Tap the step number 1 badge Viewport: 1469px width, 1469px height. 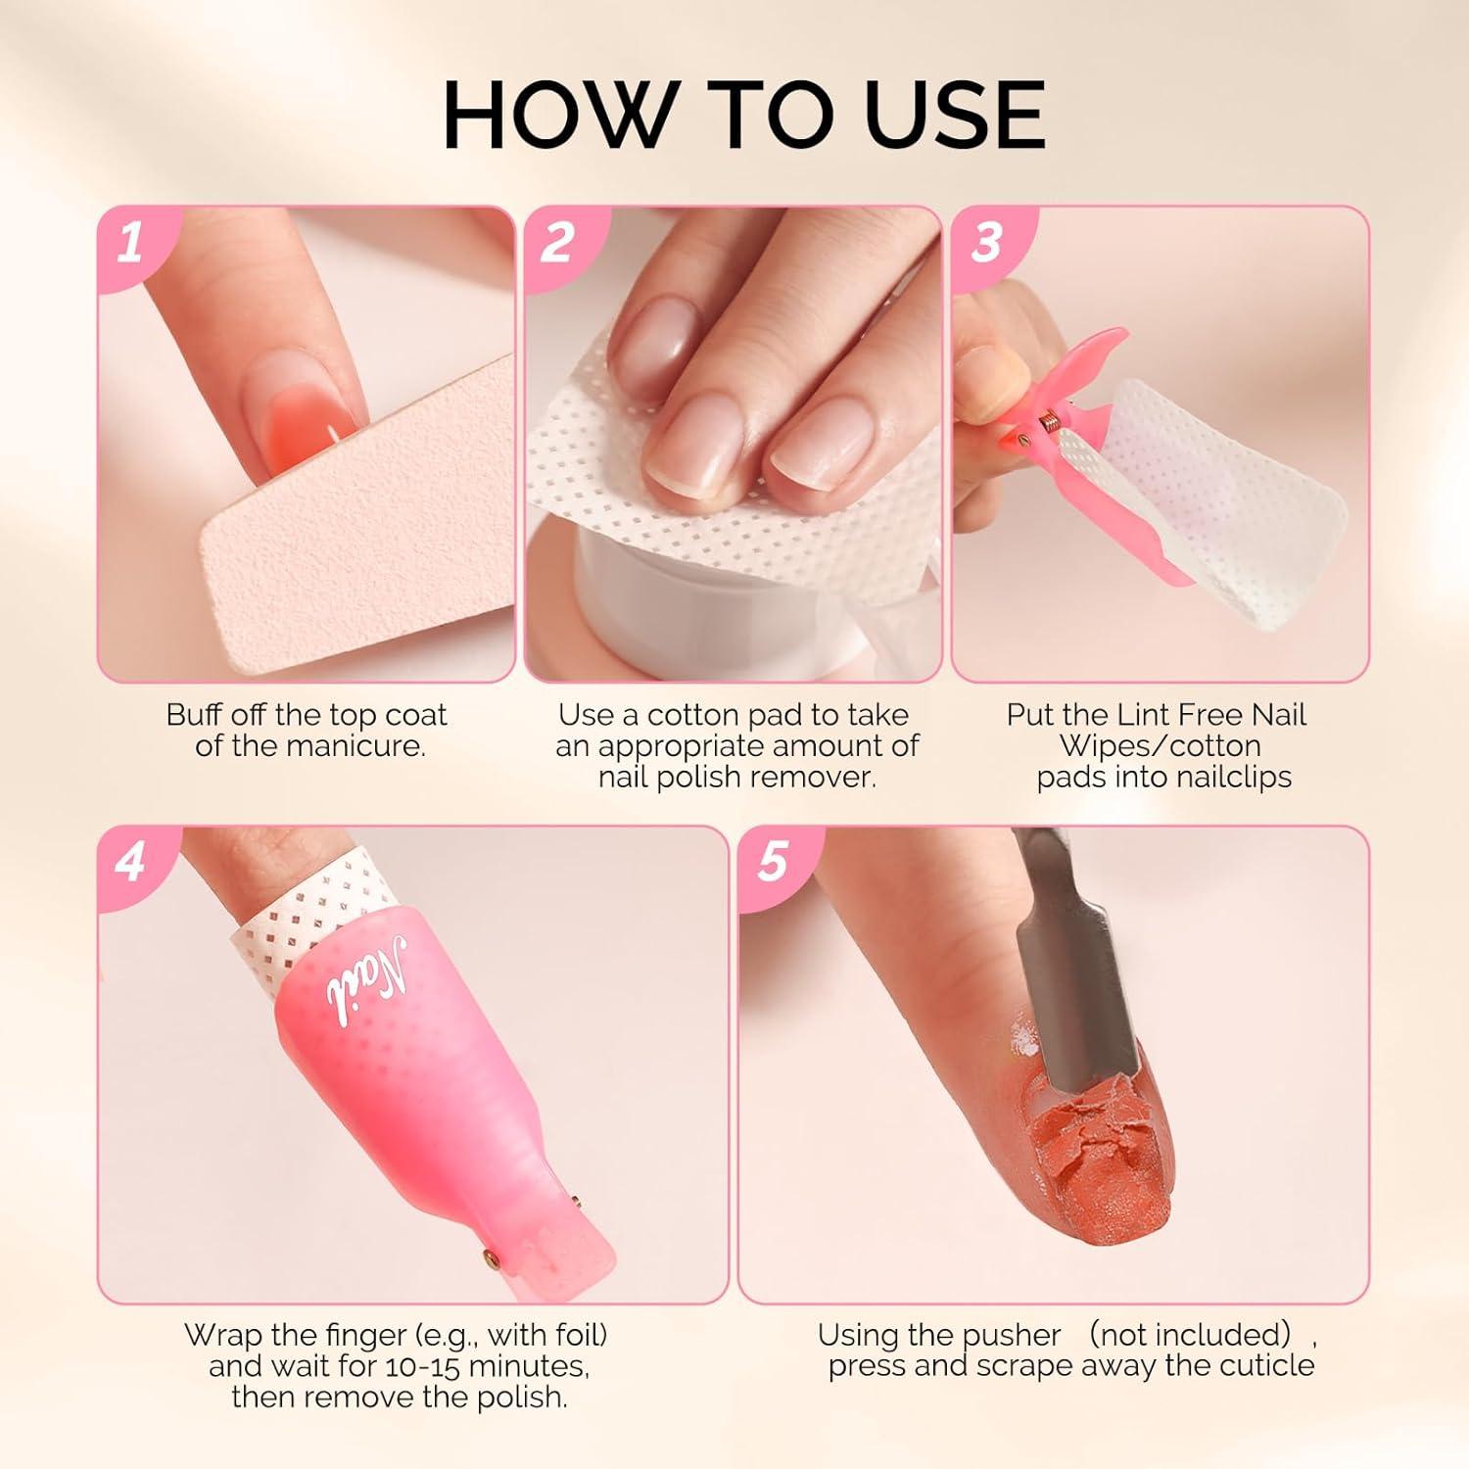click(130, 242)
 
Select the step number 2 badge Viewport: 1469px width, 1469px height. click(557, 242)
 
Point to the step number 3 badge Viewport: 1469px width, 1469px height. click(986, 242)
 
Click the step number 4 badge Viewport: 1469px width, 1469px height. click(130, 863)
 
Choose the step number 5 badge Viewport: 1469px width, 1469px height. click(773, 863)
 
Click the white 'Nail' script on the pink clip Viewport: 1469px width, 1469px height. click(364, 978)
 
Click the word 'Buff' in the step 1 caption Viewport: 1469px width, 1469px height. click(193, 715)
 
